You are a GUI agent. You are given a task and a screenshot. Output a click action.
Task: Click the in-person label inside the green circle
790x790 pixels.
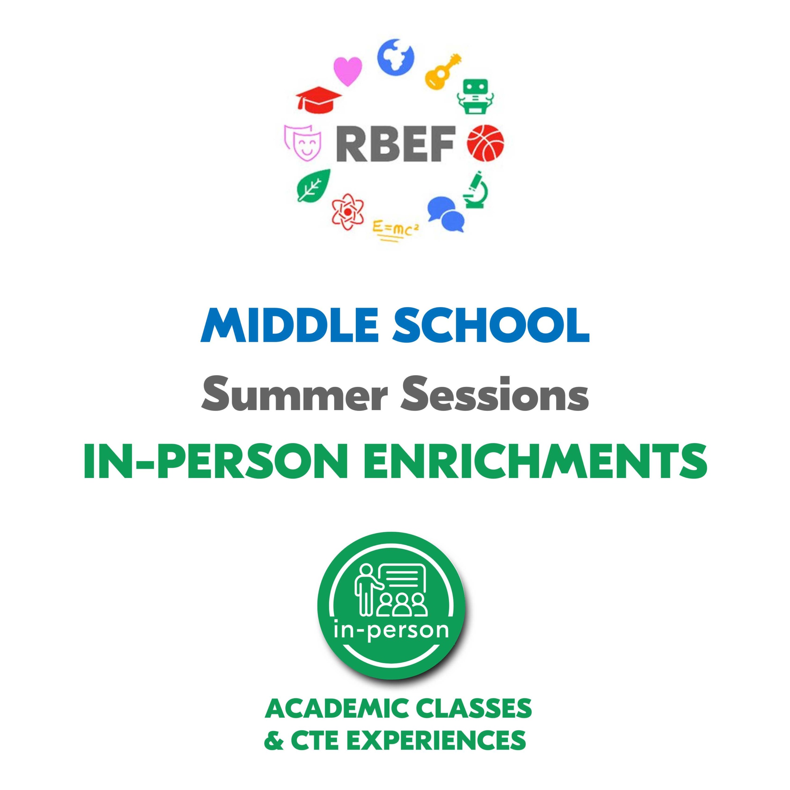tap(391, 631)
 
